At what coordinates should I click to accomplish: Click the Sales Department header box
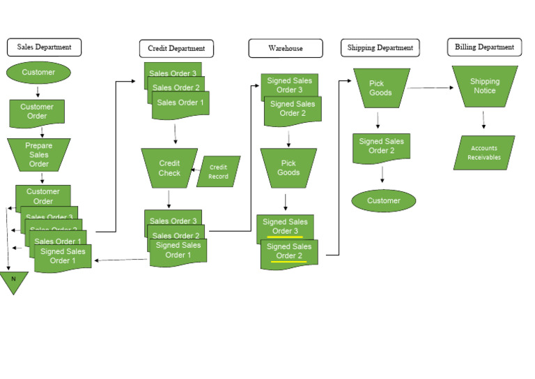pyautogui.click(x=44, y=47)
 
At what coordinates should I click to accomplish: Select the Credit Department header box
pyautogui.click(x=176, y=49)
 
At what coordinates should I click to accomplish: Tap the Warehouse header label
pyautogui.click(x=286, y=49)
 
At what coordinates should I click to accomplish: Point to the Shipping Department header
pyautogui.click(x=380, y=48)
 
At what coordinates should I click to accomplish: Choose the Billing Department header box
pyautogui.click(x=484, y=47)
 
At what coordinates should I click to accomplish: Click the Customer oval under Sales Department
pyautogui.click(x=38, y=73)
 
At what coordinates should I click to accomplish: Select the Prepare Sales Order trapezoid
pyautogui.click(x=39, y=155)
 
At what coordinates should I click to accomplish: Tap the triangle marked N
pyautogui.click(x=13, y=281)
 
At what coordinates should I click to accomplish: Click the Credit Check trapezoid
pyautogui.click(x=169, y=168)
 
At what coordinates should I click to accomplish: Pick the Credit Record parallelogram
pyautogui.click(x=218, y=172)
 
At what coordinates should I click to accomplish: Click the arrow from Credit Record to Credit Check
pyautogui.click(x=196, y=170)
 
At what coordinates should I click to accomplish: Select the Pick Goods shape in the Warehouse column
pyautogui.click(x=288, y=168)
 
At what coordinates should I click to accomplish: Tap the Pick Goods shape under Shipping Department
pyautogui.click(x=381, y=88)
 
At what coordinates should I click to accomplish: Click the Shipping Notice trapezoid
pyautogui.click(x=485, y=87)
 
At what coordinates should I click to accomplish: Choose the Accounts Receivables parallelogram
pyautogui.click(x=484, y=153)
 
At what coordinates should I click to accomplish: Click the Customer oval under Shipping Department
pyautogui.click(x=383, y=201)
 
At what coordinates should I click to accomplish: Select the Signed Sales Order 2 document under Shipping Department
pyautogui.click(x=381, y=147)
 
